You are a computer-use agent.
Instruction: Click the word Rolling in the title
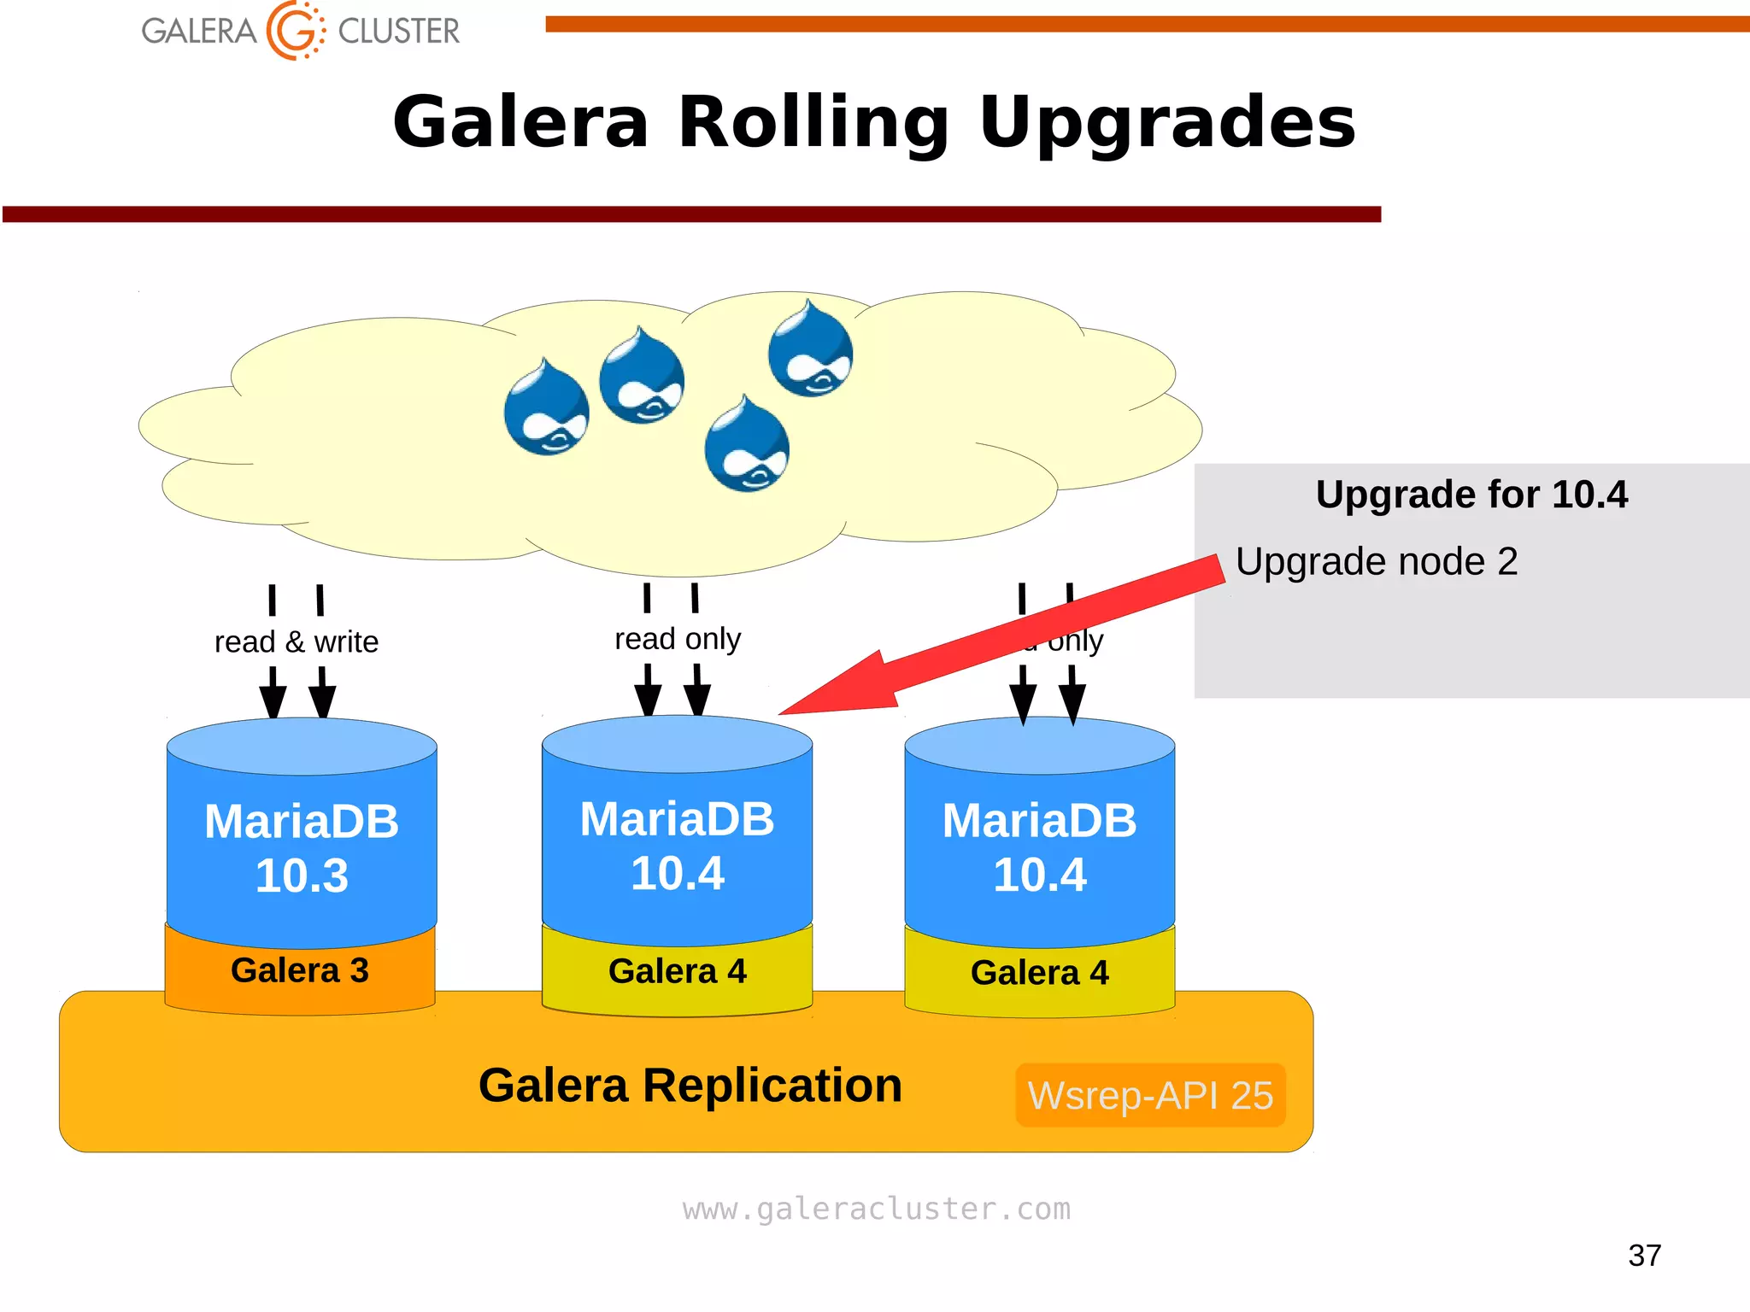pos(813,122)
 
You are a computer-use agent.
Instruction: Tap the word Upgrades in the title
pos(1166,122)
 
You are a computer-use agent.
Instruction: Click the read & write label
pos(296,641)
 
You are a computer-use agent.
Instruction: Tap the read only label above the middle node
pos(678,638)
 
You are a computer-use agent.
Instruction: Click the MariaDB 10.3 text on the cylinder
pos(302,847)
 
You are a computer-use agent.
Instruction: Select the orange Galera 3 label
pos(300,970)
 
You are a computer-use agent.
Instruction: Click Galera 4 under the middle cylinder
pos(677,972)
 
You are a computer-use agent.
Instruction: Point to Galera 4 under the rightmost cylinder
pos(1039,973)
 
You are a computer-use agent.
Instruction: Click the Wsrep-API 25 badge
pos(1150,1095)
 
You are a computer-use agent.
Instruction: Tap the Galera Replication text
pos(690,1086)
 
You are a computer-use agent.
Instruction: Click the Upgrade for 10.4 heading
pos(1471,495)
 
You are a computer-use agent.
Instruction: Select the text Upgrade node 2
pos(1376,562)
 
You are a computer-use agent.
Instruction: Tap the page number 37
pos(1644,1256)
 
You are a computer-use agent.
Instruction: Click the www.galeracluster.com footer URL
pos(876,1209)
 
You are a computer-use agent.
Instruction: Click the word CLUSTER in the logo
pos(398,32)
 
